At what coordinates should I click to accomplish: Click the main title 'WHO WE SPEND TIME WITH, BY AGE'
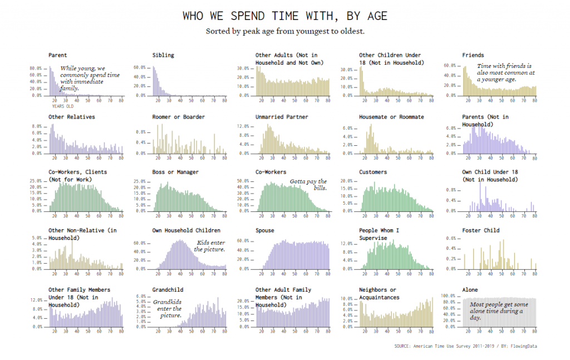click(x=284, y=16)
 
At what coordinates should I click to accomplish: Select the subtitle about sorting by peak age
click(x=284, y=31)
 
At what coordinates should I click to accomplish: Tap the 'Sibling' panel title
click(x=163, y=55)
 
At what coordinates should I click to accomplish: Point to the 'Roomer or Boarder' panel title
click(x=178, y=117)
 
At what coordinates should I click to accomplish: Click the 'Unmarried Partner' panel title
click(x=282, y=117)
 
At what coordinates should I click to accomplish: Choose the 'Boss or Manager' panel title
click(x=175, y=172)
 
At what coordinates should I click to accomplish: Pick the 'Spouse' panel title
click(x=264, y=230)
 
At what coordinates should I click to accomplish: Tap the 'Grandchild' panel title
click(x=168, y=290)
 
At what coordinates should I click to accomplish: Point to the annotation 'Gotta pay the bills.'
click(x=308, y=185)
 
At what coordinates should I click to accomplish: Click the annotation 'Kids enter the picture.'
click(x=210, y=246)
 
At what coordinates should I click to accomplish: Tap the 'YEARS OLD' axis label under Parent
click(x=62, y=106)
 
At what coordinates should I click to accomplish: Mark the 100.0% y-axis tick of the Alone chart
click(x=450, y=295)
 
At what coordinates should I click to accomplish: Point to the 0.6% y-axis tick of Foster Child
click(x=453, y=238)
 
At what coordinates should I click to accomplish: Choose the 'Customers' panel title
click(x=372, y=172)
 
